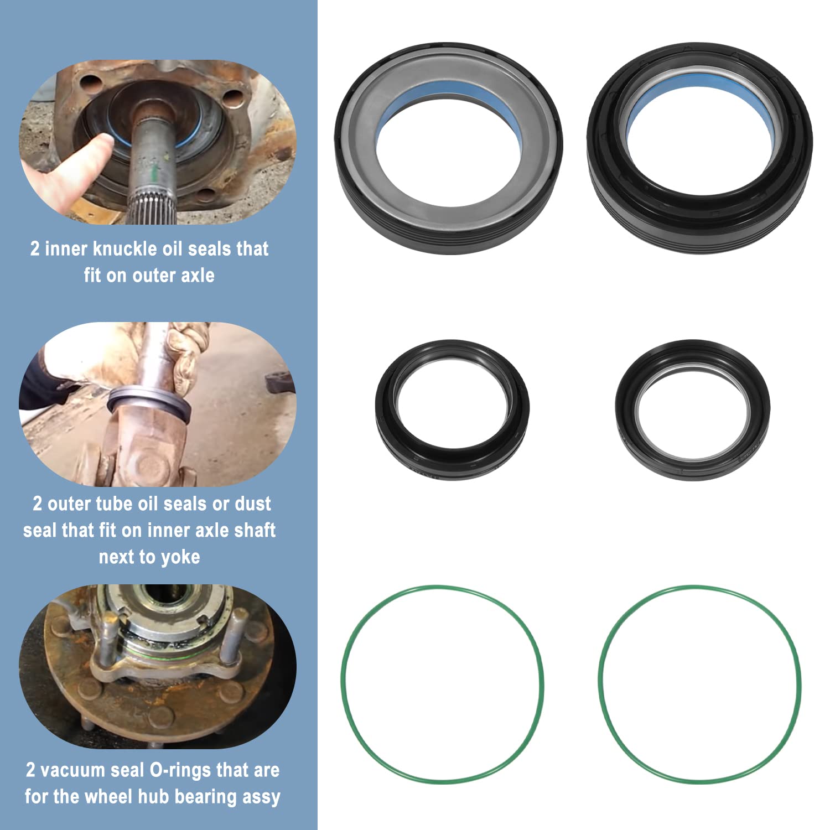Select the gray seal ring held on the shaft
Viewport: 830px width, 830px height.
(x=149, y=401)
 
